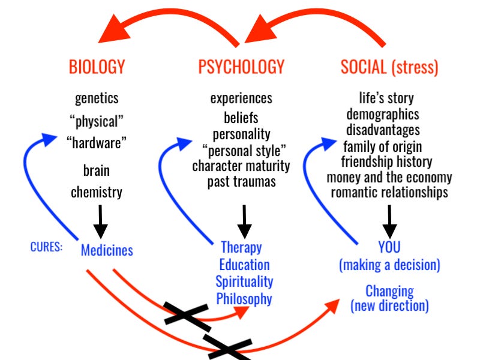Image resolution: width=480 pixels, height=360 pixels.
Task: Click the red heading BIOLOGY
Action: pyautogui.click(x=97, y=67)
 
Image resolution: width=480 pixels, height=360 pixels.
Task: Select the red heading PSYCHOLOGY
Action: pyautogui.click(x=241, y=67)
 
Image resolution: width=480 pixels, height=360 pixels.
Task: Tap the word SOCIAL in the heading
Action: pyautogui.click(x=364, y=67)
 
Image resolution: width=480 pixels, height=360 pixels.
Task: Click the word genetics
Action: pyautogui.click(x=97, y=98)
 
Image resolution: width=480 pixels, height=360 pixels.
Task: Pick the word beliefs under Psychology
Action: pyautogui.click(x=241, y=117)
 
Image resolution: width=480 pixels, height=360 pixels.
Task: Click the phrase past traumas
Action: pyautogui.click(x=241, y=181)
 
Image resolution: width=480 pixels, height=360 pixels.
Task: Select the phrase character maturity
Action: pyautogui.click(x=241, y=165)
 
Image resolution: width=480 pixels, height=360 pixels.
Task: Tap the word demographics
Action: pyautogui.click(x=382, y=114)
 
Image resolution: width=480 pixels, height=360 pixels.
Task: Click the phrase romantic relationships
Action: pyautogui.click(x=389, y=193)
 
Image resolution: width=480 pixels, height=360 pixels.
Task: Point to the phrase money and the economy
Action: pyautogui.click(x=389, y=177)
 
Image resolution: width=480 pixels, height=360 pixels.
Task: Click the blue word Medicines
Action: pyautogui.click(x=107, y=249)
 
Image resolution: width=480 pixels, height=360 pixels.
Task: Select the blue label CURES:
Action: pyautogui.click(x=46, y=247)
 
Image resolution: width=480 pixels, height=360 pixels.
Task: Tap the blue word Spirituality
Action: pyautogui.click(x=244, y=281)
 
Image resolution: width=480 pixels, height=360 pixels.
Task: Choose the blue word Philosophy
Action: pyautogui.click(x=244, y=298)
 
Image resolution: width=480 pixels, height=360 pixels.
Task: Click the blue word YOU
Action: pyautogui.click(x=389, y=247)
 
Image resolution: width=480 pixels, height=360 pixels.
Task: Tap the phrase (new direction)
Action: pyautogui.click(x=389, y=306)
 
